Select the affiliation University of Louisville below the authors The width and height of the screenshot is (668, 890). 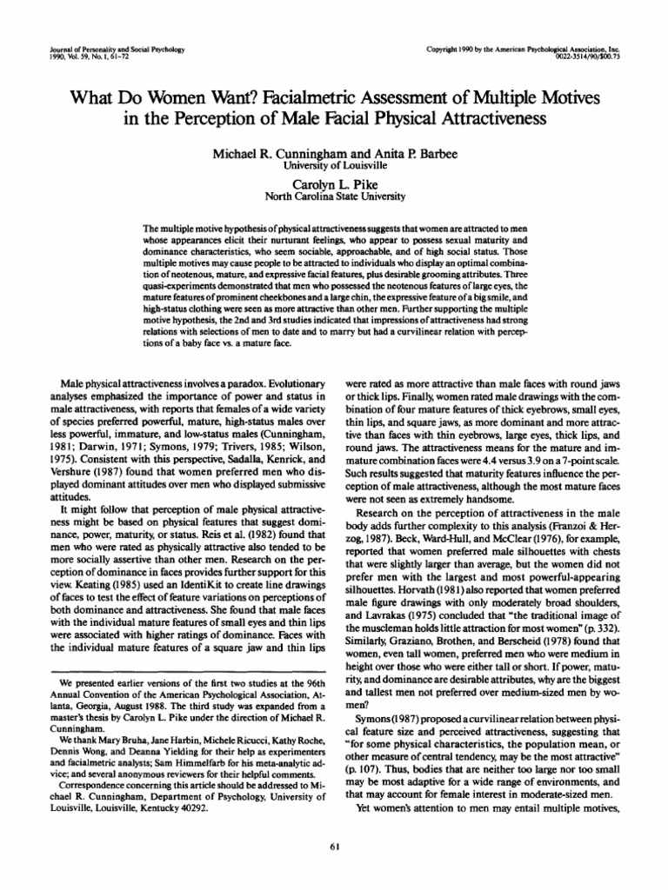pyautogui.click(x=334, y=165)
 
